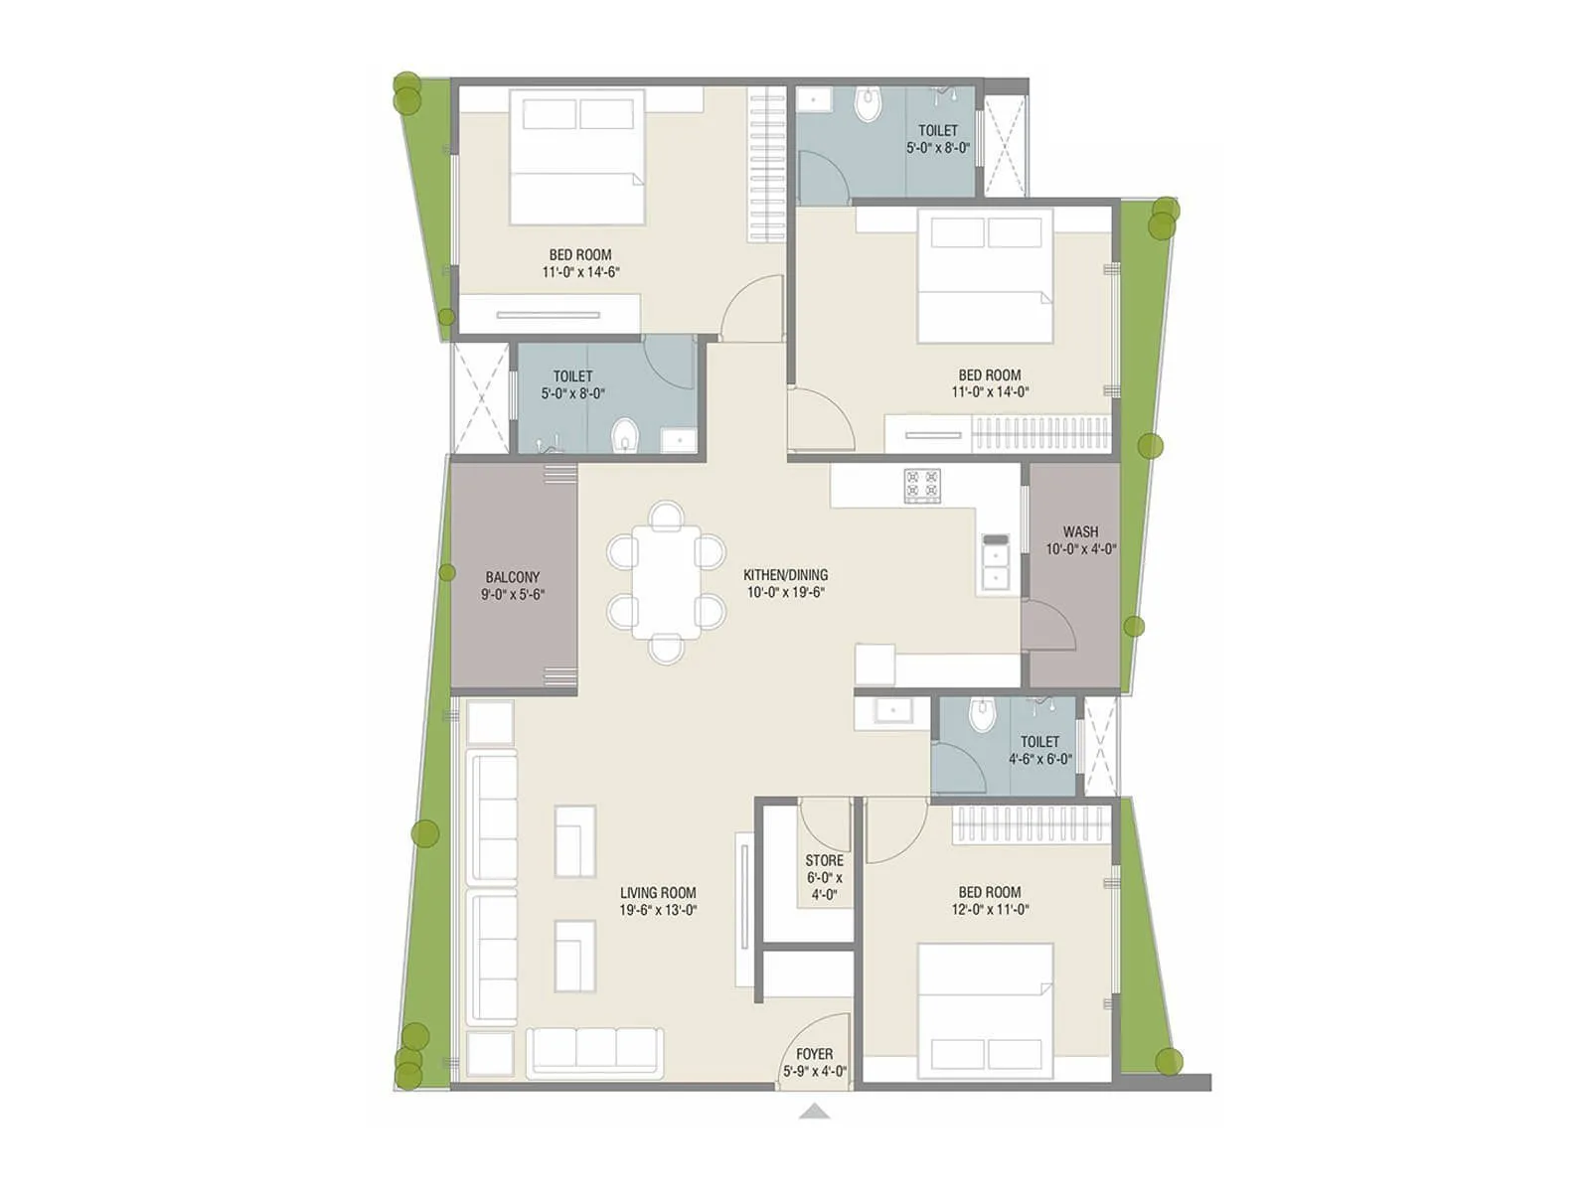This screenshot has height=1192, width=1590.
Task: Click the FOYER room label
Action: click(x=814, y=1054)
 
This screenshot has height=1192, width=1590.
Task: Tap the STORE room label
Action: click(x=824, y=860)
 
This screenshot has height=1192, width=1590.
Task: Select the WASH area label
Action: click(x=1080, y=532)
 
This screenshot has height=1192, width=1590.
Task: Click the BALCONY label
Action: click(x=513, y=577)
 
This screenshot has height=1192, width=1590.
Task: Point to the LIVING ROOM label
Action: click(x=658, y=893)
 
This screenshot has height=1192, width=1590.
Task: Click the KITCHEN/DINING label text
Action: click(x=785, y=575)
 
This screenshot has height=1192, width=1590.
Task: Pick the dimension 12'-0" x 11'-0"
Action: click(x=990, y=910)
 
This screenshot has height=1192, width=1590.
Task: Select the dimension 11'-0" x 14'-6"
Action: click(x=581, y=272)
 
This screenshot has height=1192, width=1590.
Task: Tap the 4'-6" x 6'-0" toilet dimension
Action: click(x=1040, y=759)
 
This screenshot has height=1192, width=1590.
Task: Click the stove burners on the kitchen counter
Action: click(x=922, y=484)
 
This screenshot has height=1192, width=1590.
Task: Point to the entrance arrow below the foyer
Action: click(x=814, y=1111)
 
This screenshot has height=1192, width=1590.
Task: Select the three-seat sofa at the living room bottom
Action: click(x=595, y=1052)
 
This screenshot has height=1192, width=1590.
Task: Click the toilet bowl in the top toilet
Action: click(x=869, y=105)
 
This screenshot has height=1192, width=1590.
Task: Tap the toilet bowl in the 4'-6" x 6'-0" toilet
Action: click(x=982, y=714)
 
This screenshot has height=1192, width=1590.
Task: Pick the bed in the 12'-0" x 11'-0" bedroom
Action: click(x=985, y=1010)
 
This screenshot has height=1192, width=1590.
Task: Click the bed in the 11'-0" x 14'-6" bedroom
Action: click(x=577, y=157)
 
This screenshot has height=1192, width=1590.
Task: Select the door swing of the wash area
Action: click(x=1049, y=627)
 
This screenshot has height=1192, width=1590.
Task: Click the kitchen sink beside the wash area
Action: click(x=995, y=565)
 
